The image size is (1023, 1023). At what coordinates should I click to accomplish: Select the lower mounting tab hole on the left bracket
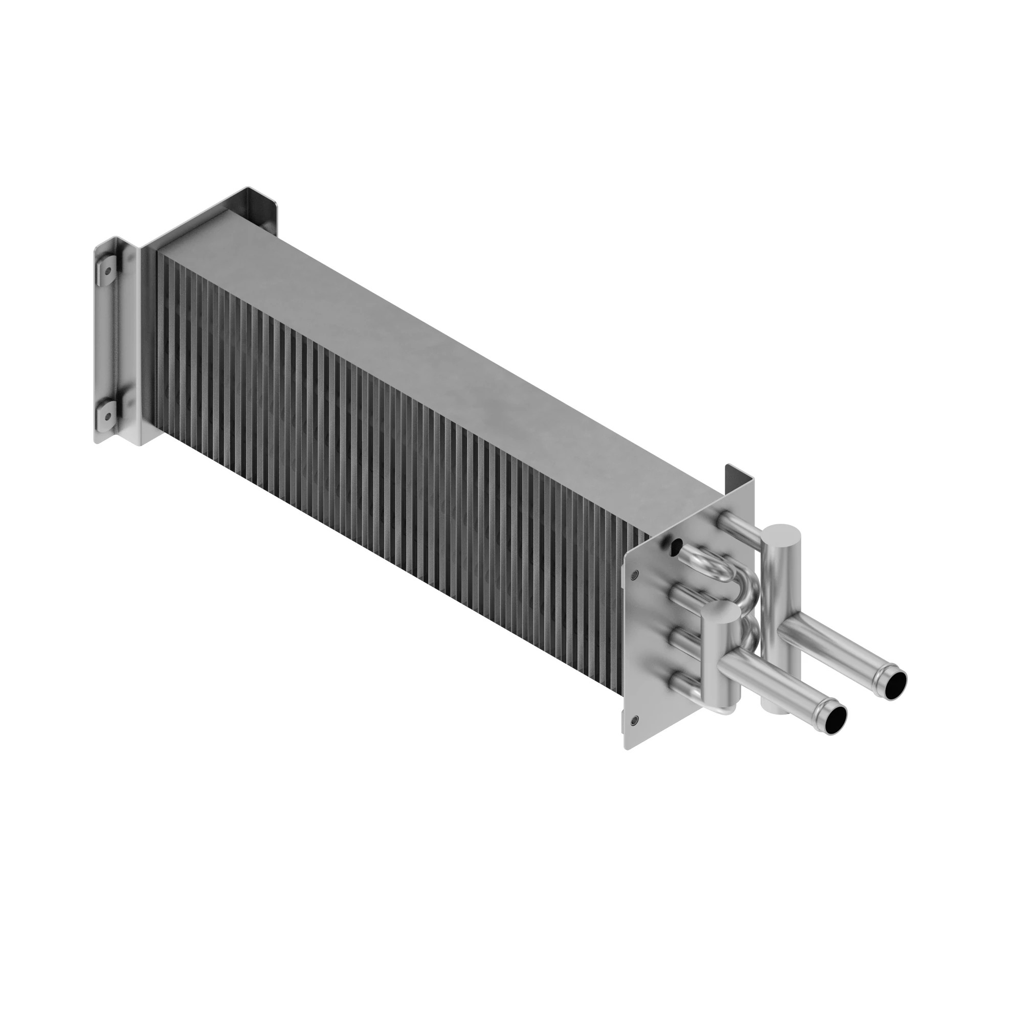click(108, 416)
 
